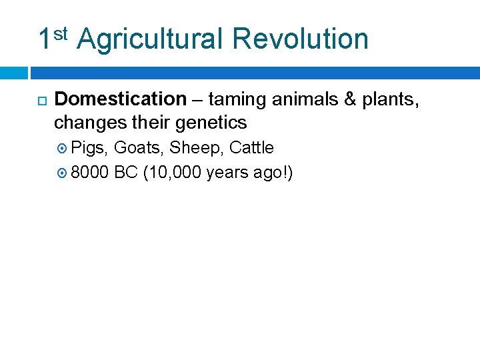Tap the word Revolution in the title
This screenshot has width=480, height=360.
[300, 39]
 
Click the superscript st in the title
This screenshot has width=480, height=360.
[61, 32]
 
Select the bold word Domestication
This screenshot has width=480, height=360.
[120, 99]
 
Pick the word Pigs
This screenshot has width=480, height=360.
[90, 148]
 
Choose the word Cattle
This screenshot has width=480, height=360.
[251, 147]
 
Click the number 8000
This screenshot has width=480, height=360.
[90, 173]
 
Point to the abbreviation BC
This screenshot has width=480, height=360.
[126, 173]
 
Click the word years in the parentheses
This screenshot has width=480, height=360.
[227, 174]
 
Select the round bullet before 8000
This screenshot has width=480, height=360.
[63, 173]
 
